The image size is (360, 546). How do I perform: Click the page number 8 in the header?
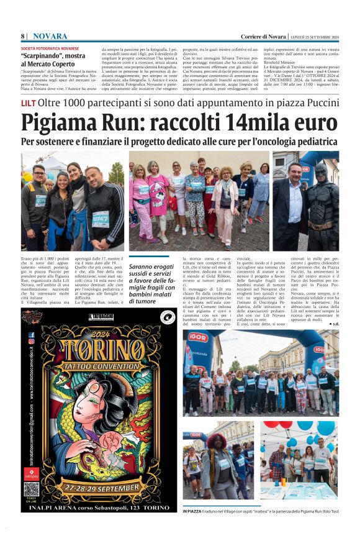click(22, 36)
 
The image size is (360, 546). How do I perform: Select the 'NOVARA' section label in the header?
click(51, 36)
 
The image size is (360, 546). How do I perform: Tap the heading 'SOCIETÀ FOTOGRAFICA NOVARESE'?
click(50, 48)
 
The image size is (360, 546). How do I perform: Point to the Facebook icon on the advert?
click(32, 334)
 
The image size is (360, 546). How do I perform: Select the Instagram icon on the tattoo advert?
click(32, 341)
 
